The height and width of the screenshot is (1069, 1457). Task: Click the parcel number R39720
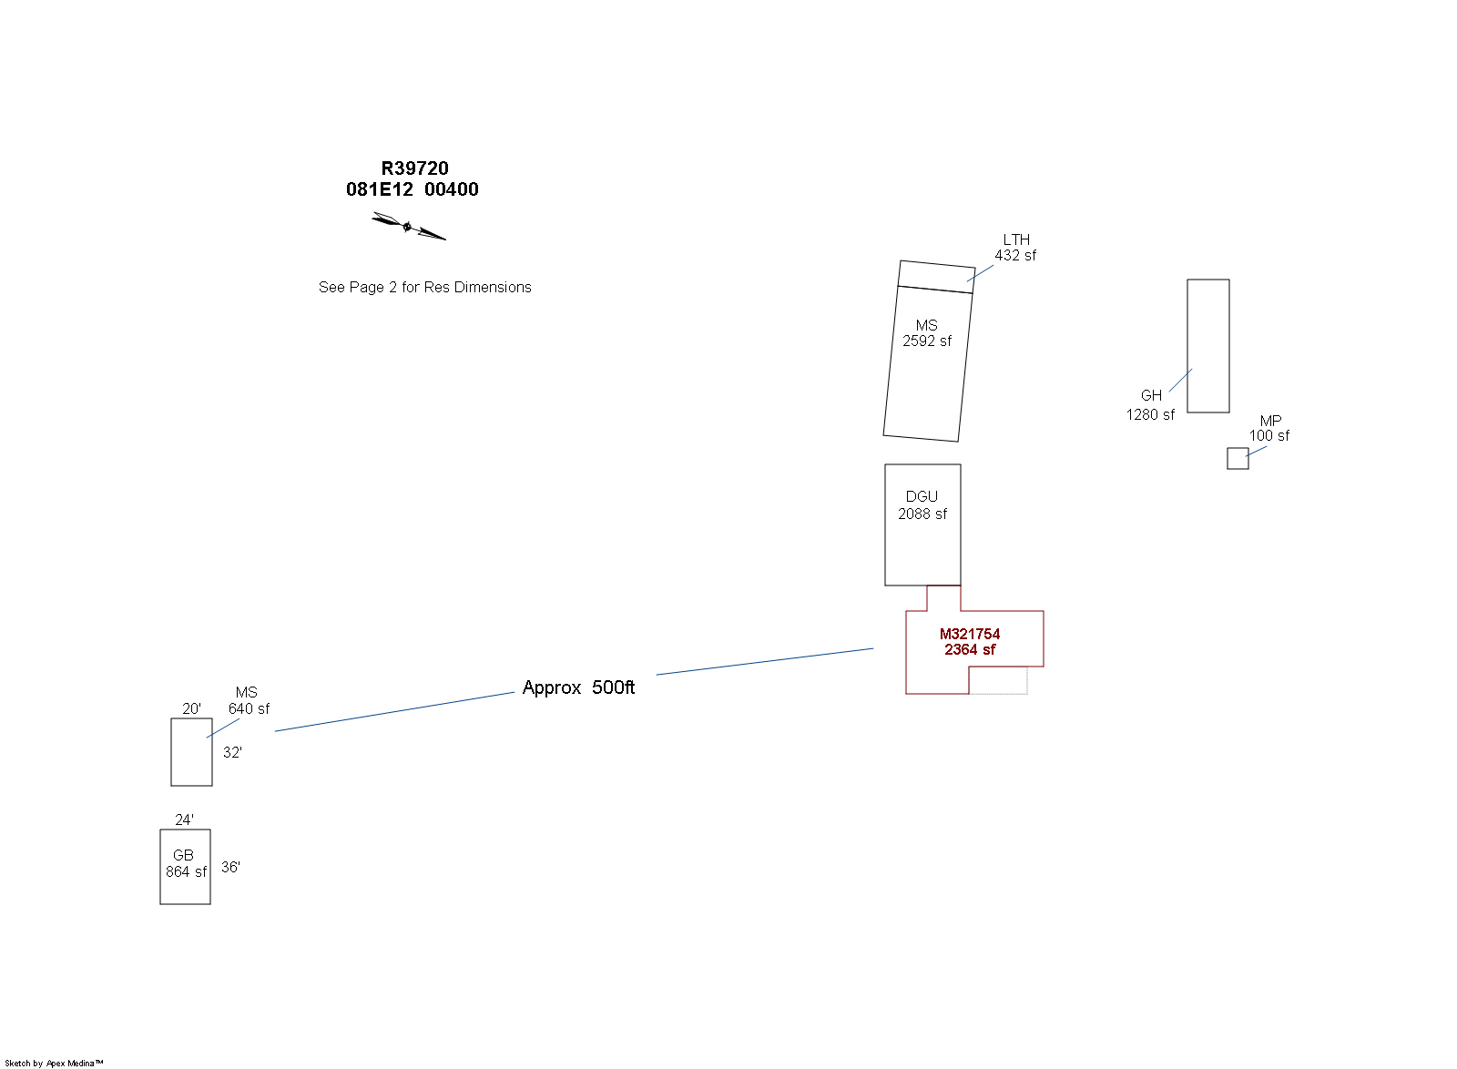(x=414, y=168)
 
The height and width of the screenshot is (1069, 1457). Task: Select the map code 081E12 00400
(x=413, y=189)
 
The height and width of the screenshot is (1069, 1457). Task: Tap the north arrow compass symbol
(x=409, y=227)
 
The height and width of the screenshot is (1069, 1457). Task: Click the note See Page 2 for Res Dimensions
(x=424, y=288)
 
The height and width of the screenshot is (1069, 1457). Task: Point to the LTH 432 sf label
(x=1015, y=248)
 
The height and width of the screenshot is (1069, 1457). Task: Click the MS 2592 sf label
(x=927, y=333)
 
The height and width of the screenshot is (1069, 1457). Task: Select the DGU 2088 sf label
(x=922, y=505)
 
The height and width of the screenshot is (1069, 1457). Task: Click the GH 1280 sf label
(x=1151, y=405)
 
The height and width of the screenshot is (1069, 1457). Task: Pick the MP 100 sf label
(x=1269, y=429)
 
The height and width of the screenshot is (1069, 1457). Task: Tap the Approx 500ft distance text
(x=578, y=687)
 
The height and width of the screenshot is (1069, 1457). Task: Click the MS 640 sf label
(x=249, y=700)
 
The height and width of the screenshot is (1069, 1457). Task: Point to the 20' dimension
(x=191, y=708)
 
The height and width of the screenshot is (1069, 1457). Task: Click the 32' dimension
(x=232, y=752)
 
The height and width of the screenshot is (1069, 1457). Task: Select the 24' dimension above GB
(x=184, y=820)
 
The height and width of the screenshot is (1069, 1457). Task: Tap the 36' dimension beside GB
(x=230, y=867)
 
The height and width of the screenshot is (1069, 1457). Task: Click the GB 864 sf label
(x=186, y=863)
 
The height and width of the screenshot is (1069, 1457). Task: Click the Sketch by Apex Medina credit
(x=54, y=1064)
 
